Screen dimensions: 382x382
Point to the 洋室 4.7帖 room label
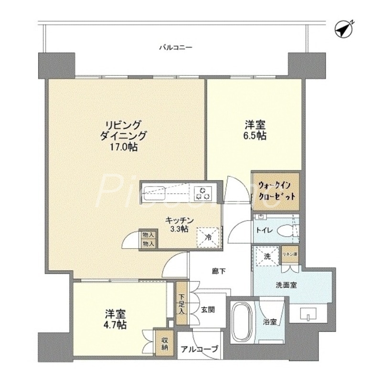pyautogui.click(x=116, y=319)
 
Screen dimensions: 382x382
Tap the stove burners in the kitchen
pyautogui.click(x=202, y=193)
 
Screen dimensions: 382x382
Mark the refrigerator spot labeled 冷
pyautogui.click(x=208, y=235)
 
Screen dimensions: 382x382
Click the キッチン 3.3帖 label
pyautogui.click(x=180, y=224)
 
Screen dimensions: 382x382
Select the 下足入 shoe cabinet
pyautogui.click(x=181, y=304)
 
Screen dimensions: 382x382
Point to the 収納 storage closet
pyautogui.click(x=164, y=343)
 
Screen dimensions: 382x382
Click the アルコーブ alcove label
pyautogui.click(x=200, y=349)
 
